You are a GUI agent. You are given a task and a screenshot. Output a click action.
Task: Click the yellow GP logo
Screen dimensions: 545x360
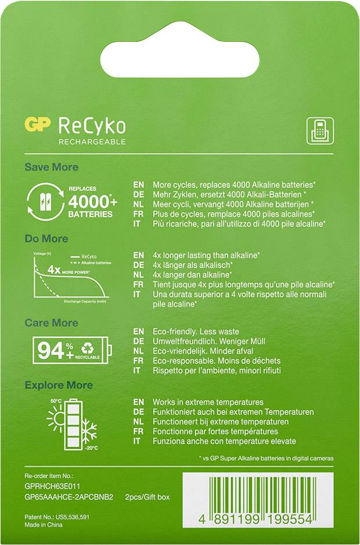pos(38,125)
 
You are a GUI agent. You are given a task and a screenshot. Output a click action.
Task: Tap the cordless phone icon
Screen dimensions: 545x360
pos(319,131)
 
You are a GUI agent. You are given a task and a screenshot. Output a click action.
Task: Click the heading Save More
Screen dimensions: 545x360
pos(51,167)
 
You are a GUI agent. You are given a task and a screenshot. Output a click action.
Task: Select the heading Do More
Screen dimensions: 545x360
pos(46,239)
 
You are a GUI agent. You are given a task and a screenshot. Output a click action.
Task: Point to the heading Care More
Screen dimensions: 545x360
pos(51,323)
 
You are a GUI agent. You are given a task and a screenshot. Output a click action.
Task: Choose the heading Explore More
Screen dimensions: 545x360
pos(59,385)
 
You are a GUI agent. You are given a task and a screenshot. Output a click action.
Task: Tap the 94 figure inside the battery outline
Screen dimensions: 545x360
pos(51,350)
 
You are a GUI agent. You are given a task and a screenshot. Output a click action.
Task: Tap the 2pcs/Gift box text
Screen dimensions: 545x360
pos(147,497)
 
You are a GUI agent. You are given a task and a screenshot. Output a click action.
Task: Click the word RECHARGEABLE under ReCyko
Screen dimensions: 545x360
pos(92,142)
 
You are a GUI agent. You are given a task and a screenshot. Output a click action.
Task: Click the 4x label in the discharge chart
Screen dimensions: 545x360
pos(54,270)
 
